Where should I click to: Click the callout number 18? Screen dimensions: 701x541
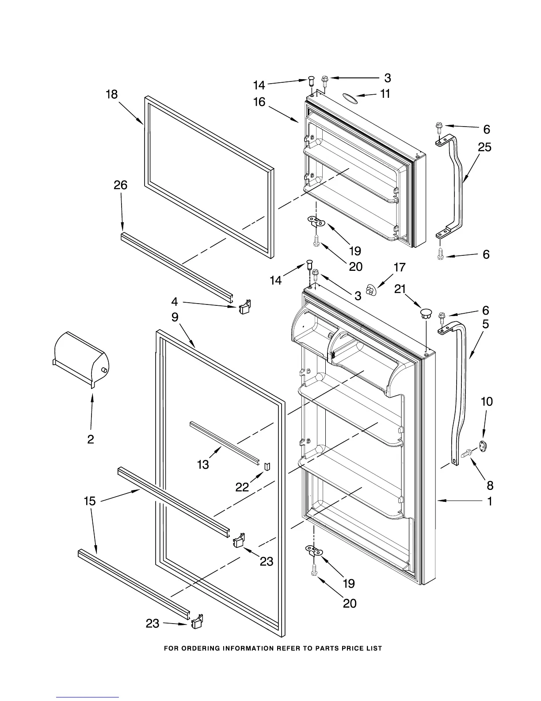[x=112, y=94]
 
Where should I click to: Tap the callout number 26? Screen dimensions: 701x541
[x=120, y=185]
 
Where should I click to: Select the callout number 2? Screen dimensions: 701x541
[x=91, y=439]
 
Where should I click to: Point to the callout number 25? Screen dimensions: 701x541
[x=484, y=147]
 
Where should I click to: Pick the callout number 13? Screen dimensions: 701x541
[x=203, y=464]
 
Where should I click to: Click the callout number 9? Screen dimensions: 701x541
[x=175, y=317]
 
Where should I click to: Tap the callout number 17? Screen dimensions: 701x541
[x=399, y=267]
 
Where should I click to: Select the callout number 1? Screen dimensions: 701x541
[x=490, y=501]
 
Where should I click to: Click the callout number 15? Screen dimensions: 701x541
[x=90, y=501]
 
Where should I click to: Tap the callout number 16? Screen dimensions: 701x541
[x=259, y=102]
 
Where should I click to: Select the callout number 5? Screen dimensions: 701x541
[x=486, y=324]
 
